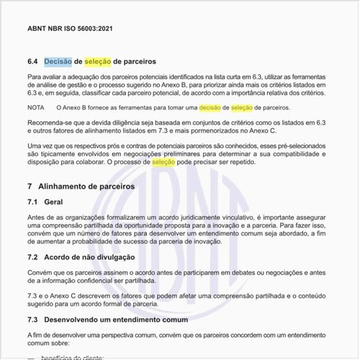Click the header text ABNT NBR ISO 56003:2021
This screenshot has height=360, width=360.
click(x=69, y=30)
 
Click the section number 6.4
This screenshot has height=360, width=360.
click(x=33, y=62)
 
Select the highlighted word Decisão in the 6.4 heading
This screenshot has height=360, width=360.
click(x=58, y=62)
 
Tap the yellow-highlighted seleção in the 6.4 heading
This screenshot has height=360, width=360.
click(x=98, y=62)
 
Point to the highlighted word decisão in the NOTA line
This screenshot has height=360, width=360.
click(x=210, y=107)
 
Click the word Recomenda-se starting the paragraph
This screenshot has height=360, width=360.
click(x=48, y=123)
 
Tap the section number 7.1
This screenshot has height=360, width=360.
click(x=32, y=203)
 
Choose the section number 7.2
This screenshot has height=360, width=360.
click(x=32, y=257)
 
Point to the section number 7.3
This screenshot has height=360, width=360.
click(x=32, y=319)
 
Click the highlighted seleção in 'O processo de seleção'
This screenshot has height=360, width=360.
click(x=163, y=163)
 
